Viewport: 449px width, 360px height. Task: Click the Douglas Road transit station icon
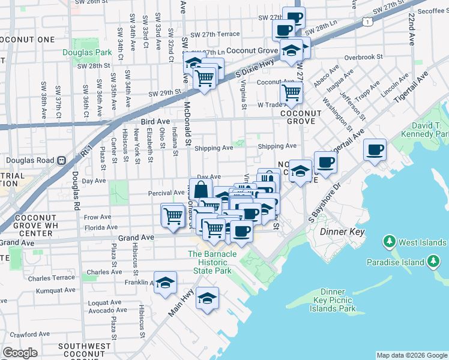click(61, 161)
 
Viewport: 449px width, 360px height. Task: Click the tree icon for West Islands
click(390, 242)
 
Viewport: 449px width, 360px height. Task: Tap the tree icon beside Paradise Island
click(431, 262)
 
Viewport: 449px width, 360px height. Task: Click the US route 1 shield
click(366, 22)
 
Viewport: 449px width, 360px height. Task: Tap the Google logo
click(20, 352)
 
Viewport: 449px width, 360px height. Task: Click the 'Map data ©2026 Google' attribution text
click(412, 355)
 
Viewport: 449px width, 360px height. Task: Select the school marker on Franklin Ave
click(165, 283)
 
